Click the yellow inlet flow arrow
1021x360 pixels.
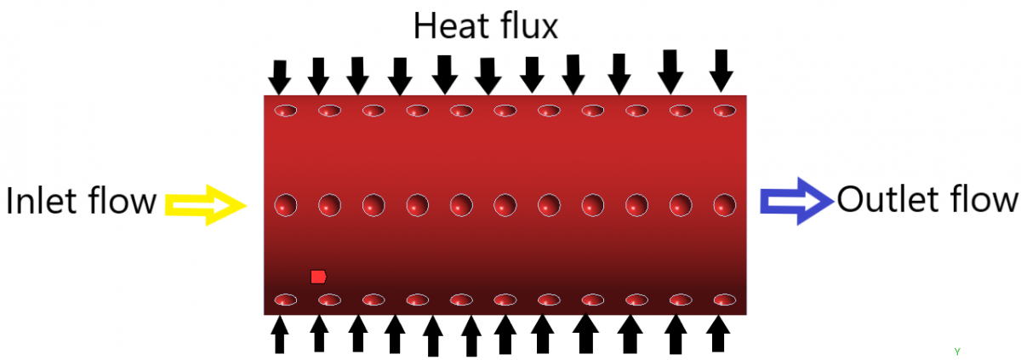point(206,205)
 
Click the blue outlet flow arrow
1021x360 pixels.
point(796,202)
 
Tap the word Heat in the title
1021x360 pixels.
point(449,26)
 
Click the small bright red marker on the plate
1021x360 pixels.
point(318,277)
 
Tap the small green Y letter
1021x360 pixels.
point(957,351)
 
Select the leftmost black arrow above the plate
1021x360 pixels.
point(279,77)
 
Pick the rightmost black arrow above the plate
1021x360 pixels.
point(722,71)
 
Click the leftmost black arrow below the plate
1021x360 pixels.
point(279,335)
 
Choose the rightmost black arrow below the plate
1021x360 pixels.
point(718,334)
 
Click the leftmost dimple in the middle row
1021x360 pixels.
point(286,205)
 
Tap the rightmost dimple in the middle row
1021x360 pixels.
point(725,205)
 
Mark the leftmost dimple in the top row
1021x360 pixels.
point(286,111)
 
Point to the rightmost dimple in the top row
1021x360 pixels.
point(725,111)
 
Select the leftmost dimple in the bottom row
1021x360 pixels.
point(286,300)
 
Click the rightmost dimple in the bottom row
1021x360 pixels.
point(725,300)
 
